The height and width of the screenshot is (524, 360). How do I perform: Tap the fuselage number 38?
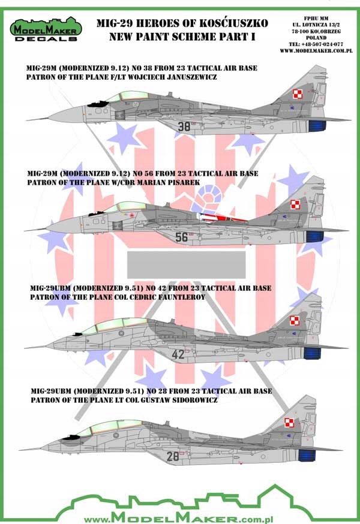pyautogui.click(x=167, y=127)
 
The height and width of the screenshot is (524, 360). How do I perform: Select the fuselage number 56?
pyautogui.click(x=182, y=237)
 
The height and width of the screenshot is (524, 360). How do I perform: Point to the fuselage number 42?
pyautogui.click(x=178, y=354)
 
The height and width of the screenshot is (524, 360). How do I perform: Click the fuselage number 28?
pyautogui.click(x=173, y=456)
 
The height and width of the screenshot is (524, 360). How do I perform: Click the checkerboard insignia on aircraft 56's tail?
pyautogui.click(x=295, y=204)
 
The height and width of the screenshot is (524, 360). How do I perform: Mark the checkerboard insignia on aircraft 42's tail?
pyautogui.click(x=294, y=321)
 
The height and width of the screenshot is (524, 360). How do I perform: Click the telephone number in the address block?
pyautogui.click(x=316, y=43)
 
